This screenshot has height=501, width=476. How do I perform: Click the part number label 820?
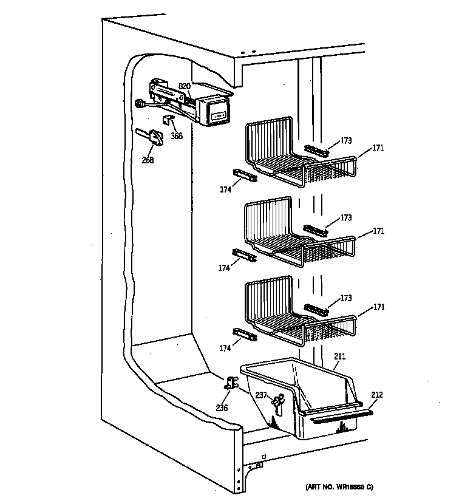[184, 86]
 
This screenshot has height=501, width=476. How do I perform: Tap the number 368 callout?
[176, 135]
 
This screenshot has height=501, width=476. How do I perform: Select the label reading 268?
[147, 160]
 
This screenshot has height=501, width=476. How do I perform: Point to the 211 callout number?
[340, 357]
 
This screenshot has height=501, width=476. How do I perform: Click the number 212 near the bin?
[377, 395]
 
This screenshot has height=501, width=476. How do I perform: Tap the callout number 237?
[260, 396]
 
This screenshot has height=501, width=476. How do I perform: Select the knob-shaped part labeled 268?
[153, 137]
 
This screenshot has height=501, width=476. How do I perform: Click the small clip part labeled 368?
[168, 120]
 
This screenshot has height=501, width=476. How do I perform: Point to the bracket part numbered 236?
[231, 383]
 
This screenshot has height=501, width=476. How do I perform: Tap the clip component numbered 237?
[279, 401]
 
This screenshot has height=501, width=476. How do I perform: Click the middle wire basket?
[291, 237]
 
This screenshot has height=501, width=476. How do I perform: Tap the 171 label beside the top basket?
[378, 148]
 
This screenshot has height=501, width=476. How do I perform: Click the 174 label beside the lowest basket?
[225, 348]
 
